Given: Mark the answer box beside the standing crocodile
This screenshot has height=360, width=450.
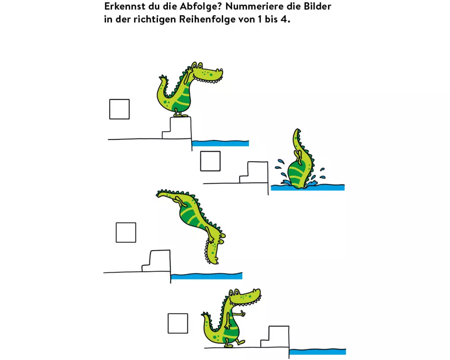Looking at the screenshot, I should (x=119, y=109).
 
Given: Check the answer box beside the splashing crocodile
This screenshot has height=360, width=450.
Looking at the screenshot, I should (x=210, y=161).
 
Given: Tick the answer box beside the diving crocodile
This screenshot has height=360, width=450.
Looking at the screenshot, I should (x=126, y=232).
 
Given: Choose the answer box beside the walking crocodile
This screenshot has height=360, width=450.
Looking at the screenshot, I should (x=178, y=323).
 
